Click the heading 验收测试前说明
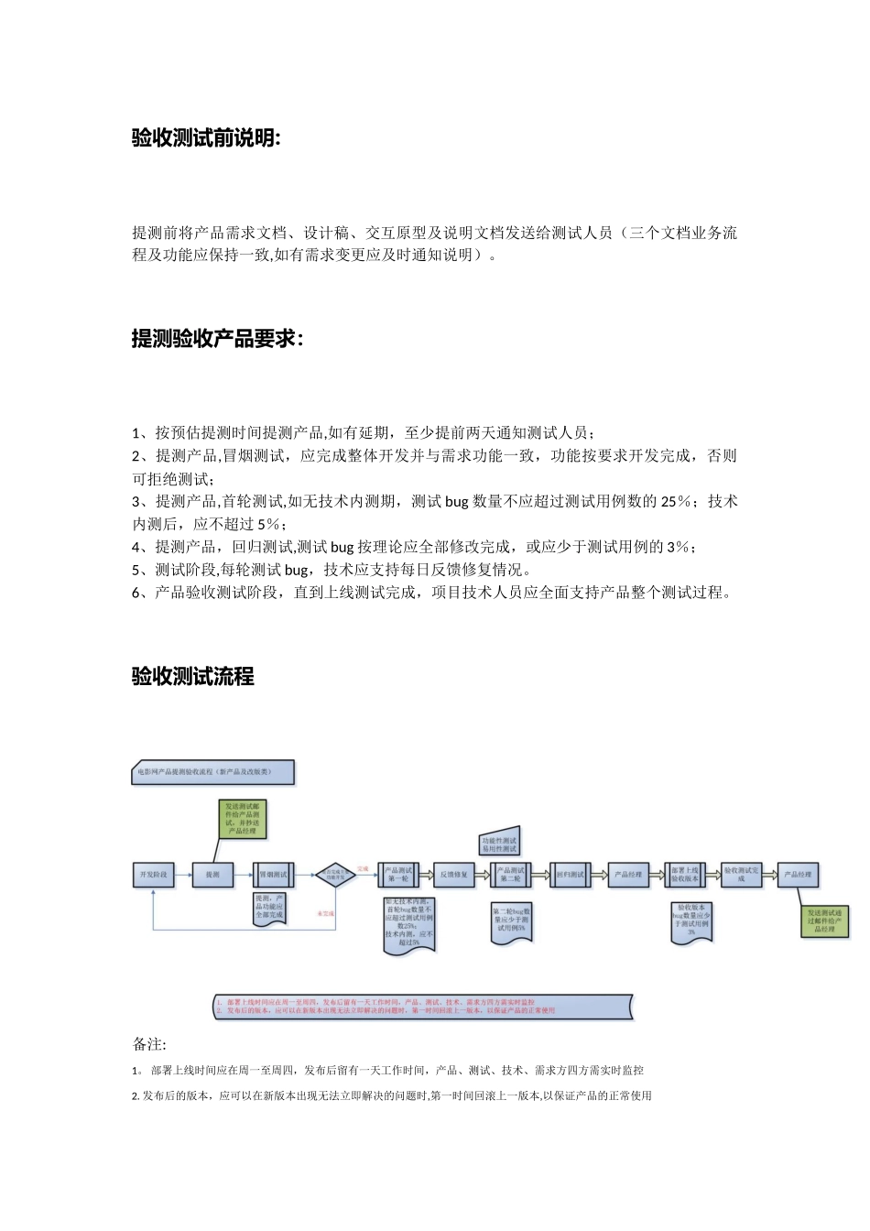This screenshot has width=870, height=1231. pos(206,138)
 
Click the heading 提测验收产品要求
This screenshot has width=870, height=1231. pos(217,339)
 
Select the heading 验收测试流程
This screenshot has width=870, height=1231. pos(192,677)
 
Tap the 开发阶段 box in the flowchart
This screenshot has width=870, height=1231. pos(153,875)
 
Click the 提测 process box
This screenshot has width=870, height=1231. pos(212,875)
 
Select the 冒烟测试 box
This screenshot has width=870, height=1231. pos(272,875)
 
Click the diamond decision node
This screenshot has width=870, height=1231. pos(335,876)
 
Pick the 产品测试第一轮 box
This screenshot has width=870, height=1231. pos(398,875)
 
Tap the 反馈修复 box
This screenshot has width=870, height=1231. pos(454,875)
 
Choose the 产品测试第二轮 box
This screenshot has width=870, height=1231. pos(511,875)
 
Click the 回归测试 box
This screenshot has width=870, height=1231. pos(570,875)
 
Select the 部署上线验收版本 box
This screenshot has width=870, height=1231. pos(685,875)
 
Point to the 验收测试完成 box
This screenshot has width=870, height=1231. pos(742,875)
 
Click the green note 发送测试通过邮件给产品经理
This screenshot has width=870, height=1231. pos(826,921)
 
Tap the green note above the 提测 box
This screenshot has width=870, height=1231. pos(243,820)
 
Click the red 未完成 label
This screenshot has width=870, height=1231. pos(325,913)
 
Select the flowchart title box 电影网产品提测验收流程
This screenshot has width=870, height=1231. pos(213,772)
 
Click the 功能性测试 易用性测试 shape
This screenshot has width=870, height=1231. pos(500,843)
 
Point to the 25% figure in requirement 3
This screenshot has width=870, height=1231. pos(675,502)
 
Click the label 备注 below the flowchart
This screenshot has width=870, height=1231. pos(149,1044)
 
